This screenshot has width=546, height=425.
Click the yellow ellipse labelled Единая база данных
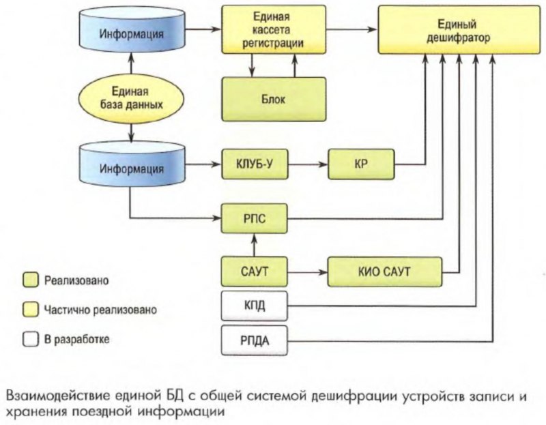(130, 98)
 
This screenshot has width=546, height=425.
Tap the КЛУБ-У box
(253, 164)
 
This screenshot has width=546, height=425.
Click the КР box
(361, 164)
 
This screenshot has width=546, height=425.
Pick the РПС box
(253, 220)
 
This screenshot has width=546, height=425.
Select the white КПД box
(253, 304)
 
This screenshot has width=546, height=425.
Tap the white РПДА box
(253, 339)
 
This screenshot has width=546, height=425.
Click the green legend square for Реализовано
(29, 280)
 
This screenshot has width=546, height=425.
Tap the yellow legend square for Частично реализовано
(29, 309)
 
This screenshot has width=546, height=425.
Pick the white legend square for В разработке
(29, 338)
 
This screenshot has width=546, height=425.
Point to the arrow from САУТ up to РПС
(253, 244)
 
